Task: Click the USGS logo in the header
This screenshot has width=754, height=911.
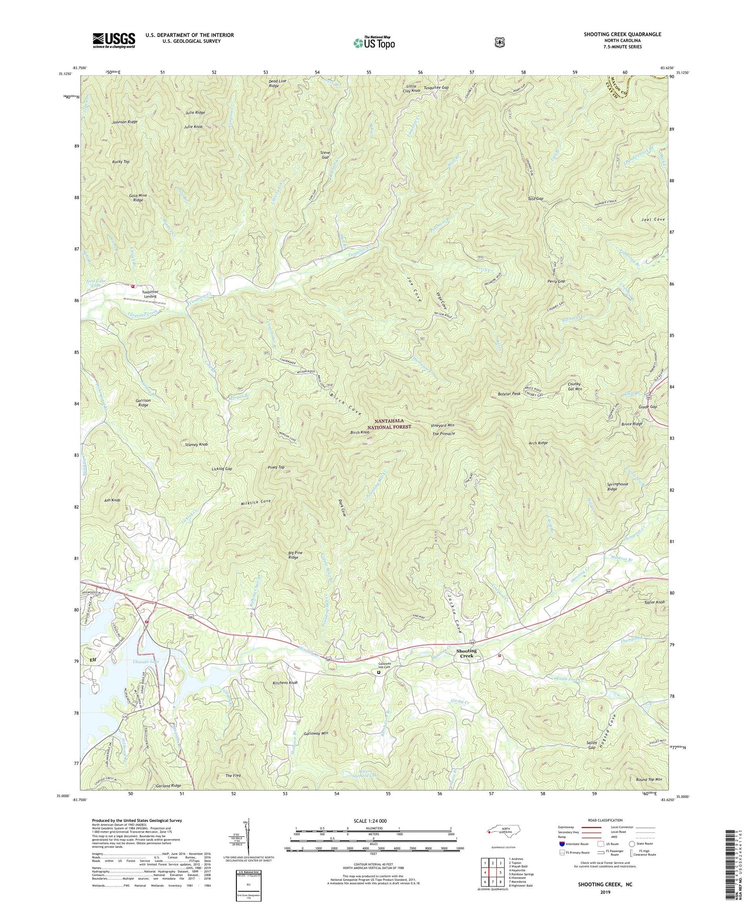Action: click(114, 40)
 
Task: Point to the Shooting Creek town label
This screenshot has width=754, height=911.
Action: click(466, 653)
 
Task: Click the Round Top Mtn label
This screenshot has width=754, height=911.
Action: click(649, 780)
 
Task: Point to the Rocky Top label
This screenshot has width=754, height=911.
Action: click(121, 162)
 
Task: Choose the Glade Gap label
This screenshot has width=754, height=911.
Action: click(648, 406)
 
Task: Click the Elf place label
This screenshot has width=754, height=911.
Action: click(93, 660)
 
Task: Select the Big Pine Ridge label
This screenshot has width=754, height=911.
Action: click(294, 555)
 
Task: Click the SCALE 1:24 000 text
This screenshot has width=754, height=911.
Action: click(370, 821)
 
